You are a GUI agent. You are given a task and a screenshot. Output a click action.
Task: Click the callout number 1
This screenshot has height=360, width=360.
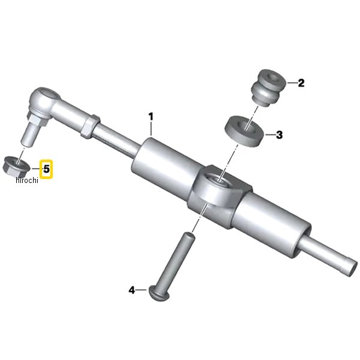tap(151, 116)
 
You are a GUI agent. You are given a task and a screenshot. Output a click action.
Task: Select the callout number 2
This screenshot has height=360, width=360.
tap(301, 83)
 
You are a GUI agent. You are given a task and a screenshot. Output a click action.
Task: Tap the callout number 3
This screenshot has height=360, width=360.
tap(279, 135)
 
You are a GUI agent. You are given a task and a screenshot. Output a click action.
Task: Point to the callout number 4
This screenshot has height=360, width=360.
tap(131, 290)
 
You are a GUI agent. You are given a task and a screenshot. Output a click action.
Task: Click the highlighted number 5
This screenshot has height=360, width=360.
tap(46, 169)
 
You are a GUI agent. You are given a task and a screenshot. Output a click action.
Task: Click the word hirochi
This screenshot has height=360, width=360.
tap(27, 180)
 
